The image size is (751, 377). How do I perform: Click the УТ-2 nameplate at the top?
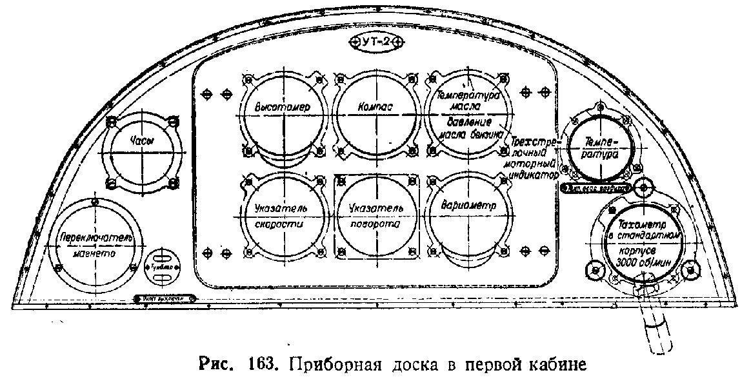click(x=375, y=43)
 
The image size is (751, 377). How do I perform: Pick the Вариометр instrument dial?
click(x=468, y=213)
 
